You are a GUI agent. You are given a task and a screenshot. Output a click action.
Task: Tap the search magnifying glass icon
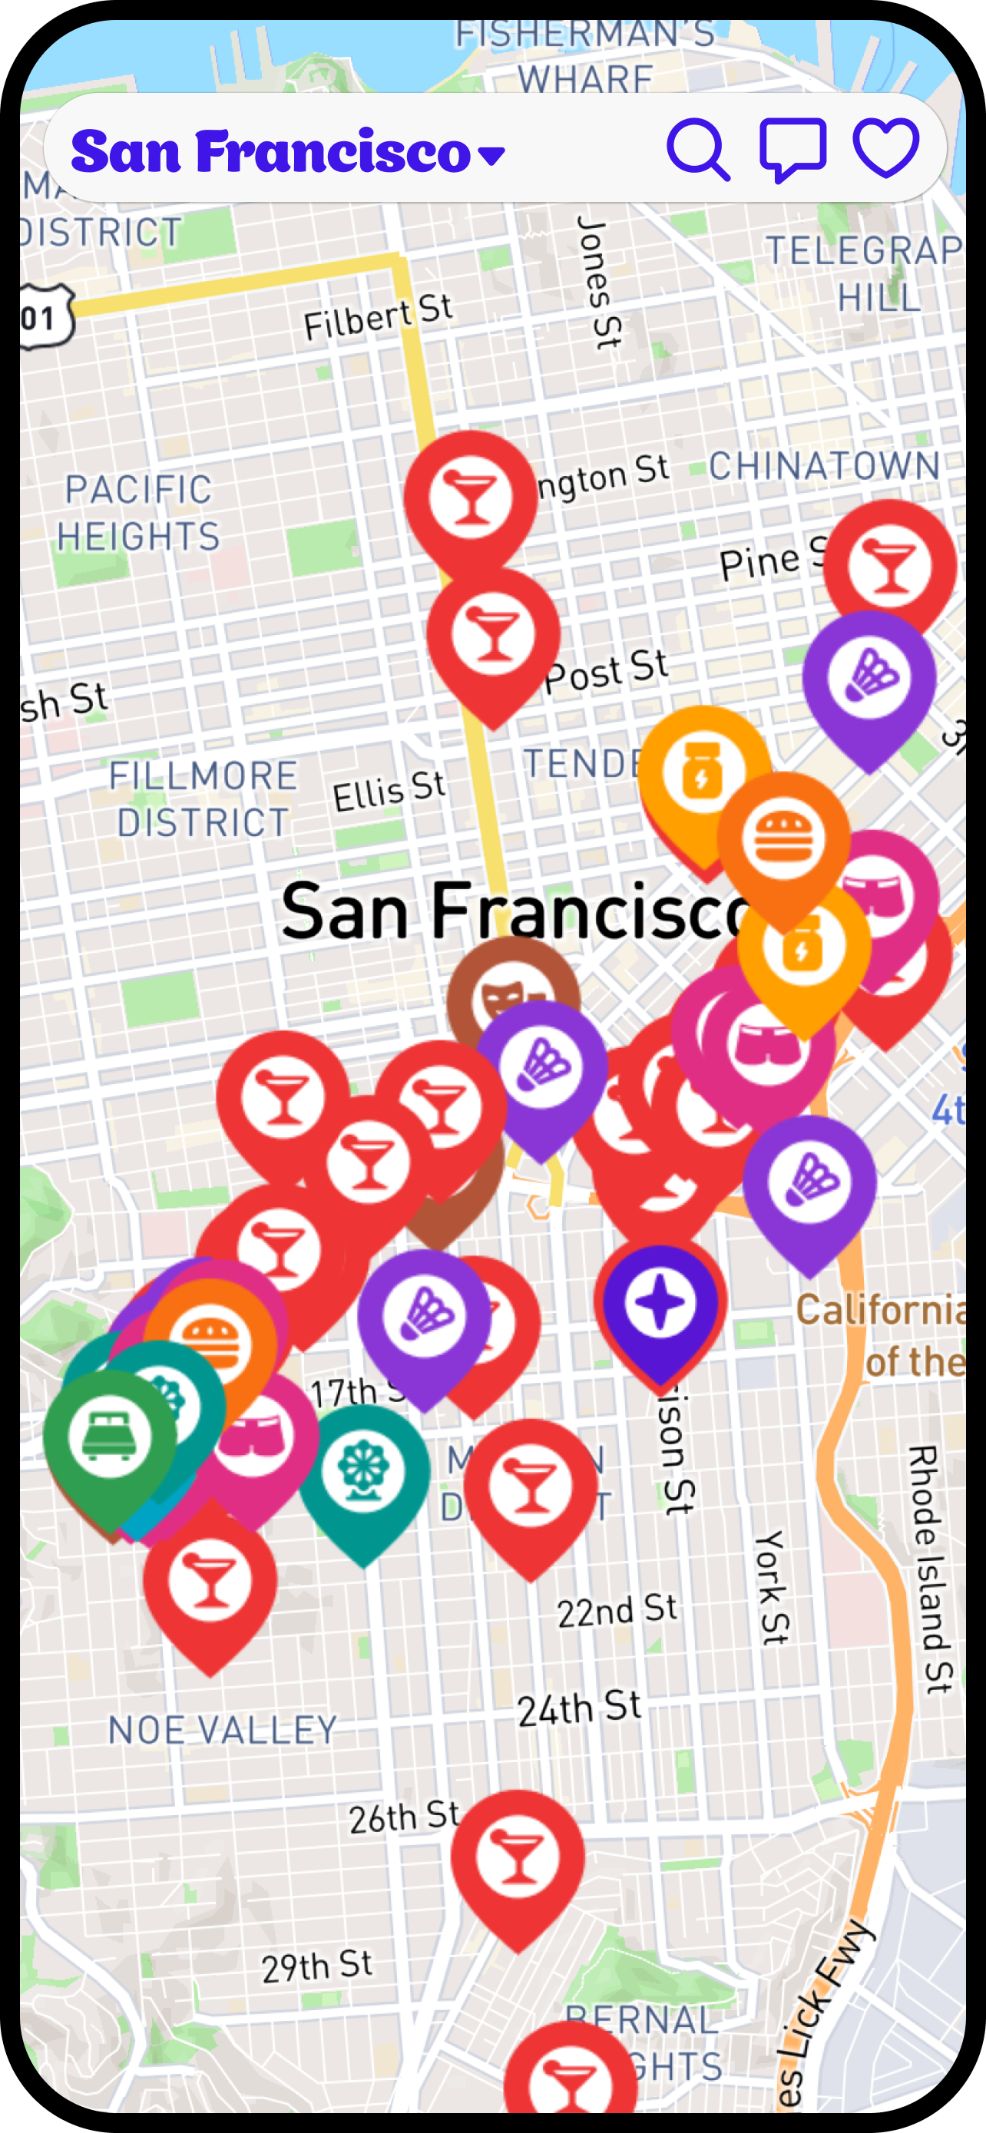pos(698,150)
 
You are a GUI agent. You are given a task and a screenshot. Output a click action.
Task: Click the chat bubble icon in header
pos(792,150)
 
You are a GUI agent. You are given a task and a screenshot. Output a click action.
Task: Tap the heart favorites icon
pos(886,148)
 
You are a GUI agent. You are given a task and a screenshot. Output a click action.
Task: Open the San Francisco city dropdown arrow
pos(491,155)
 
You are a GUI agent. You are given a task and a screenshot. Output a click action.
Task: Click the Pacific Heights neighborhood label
pos(138,513)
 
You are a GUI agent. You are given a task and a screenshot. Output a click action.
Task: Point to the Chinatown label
pos(824,465)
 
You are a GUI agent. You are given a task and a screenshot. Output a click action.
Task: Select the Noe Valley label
pos(223,1730)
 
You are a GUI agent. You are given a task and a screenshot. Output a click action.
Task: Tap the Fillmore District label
pos(203,799)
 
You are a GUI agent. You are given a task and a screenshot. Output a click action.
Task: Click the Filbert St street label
pos(378,317)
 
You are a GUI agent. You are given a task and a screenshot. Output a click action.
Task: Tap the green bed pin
pos(109,1437)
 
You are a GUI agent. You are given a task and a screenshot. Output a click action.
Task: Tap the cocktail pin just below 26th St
pos(518,1858)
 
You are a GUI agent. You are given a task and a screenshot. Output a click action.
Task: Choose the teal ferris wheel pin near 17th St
pos(363,1471)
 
